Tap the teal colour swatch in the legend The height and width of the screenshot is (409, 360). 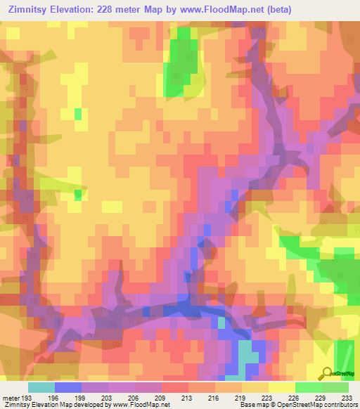pyautogui.click(x=41, y=387)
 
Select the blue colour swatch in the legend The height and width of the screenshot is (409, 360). pyautogui.click(x=68, y=387)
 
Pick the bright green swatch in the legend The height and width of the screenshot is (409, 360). pyautogui.click(x=309, y=387)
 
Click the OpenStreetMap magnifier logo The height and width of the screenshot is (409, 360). pyautogui.click(x=327, y=373)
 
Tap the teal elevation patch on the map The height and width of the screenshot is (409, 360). pyautogui.click(x=247, y=351)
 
